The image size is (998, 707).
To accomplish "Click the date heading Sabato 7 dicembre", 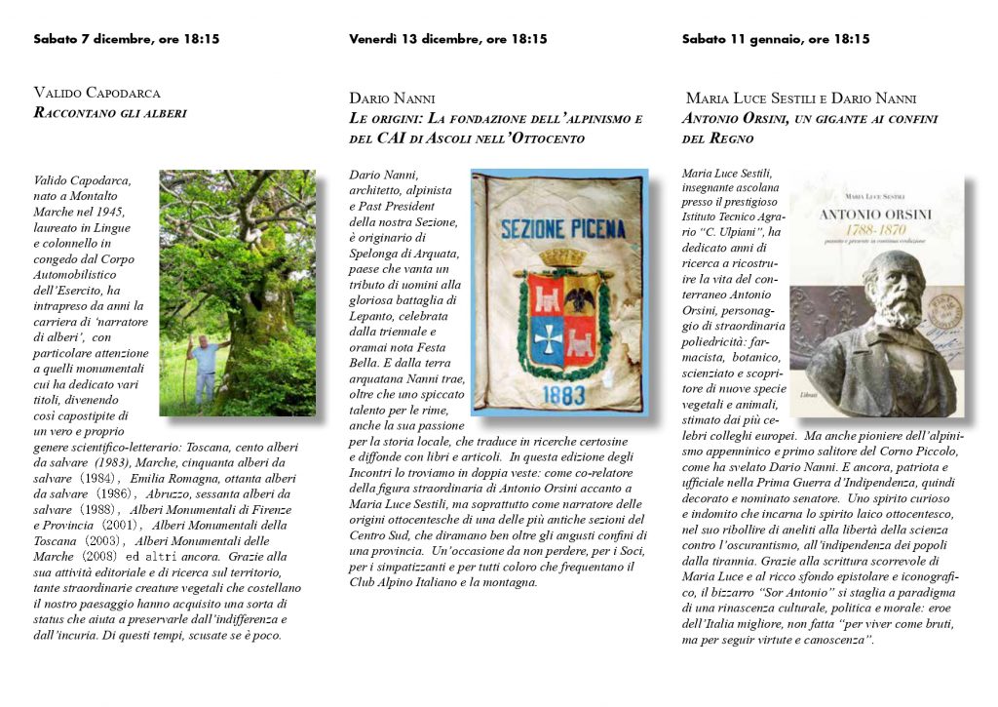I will click(x=126, y=40).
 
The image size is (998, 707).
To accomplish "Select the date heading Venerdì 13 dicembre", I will click(x=447, y=40).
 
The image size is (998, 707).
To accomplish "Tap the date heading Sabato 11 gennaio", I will click(x=776, y=40).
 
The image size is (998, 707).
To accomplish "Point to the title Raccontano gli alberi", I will click(x=109, y=113).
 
